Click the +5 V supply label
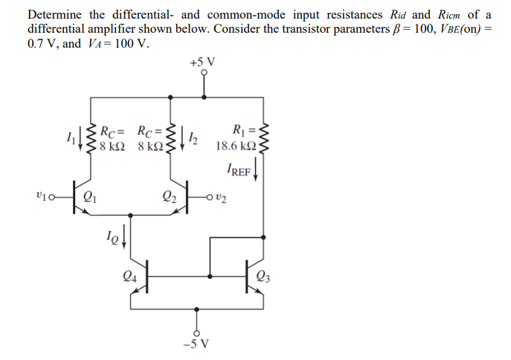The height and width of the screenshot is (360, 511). (x=202, y=62)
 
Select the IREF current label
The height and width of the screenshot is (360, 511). (x=239, y=170)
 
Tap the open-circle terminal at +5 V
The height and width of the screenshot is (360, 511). (x=203, y=74)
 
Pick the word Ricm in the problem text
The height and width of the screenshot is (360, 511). (x=449, y=14)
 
